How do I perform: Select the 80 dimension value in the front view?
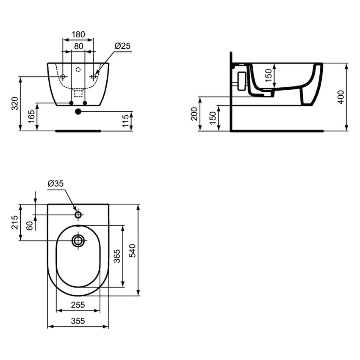click(78, 46)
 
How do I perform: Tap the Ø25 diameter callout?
click(122, 45)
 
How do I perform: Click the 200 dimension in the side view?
click(194, 114)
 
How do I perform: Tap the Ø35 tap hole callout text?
click(55, 184)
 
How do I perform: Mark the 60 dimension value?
click(30, 226)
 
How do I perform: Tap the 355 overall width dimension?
click(78, 321)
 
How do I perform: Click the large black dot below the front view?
click(78, 112)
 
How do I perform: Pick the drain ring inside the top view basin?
click(78, 241)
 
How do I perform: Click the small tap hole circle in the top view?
click(78, 215)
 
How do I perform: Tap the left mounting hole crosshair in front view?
click(63, 77)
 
